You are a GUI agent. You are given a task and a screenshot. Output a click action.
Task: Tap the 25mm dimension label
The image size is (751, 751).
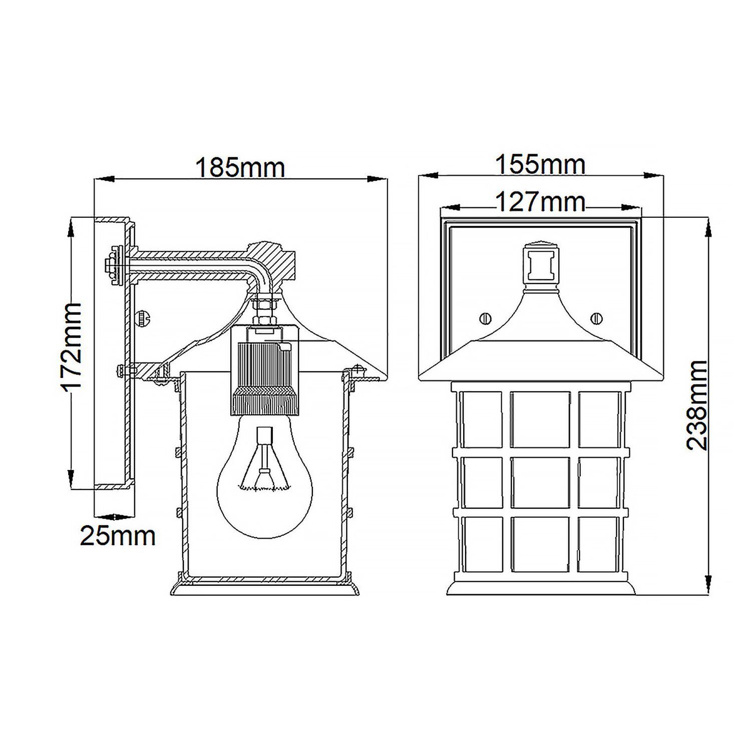click(118, 536)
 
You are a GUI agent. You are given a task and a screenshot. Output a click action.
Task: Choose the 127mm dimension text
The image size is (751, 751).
click(540, 202)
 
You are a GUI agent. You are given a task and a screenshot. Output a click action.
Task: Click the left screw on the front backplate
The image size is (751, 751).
click(485, 318)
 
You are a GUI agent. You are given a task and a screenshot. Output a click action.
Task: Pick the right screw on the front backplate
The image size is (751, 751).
click(596, 318)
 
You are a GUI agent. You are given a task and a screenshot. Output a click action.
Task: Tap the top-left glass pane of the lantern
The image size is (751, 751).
click(481, 419)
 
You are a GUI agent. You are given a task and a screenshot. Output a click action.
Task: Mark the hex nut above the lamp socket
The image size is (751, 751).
click(264, 304)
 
